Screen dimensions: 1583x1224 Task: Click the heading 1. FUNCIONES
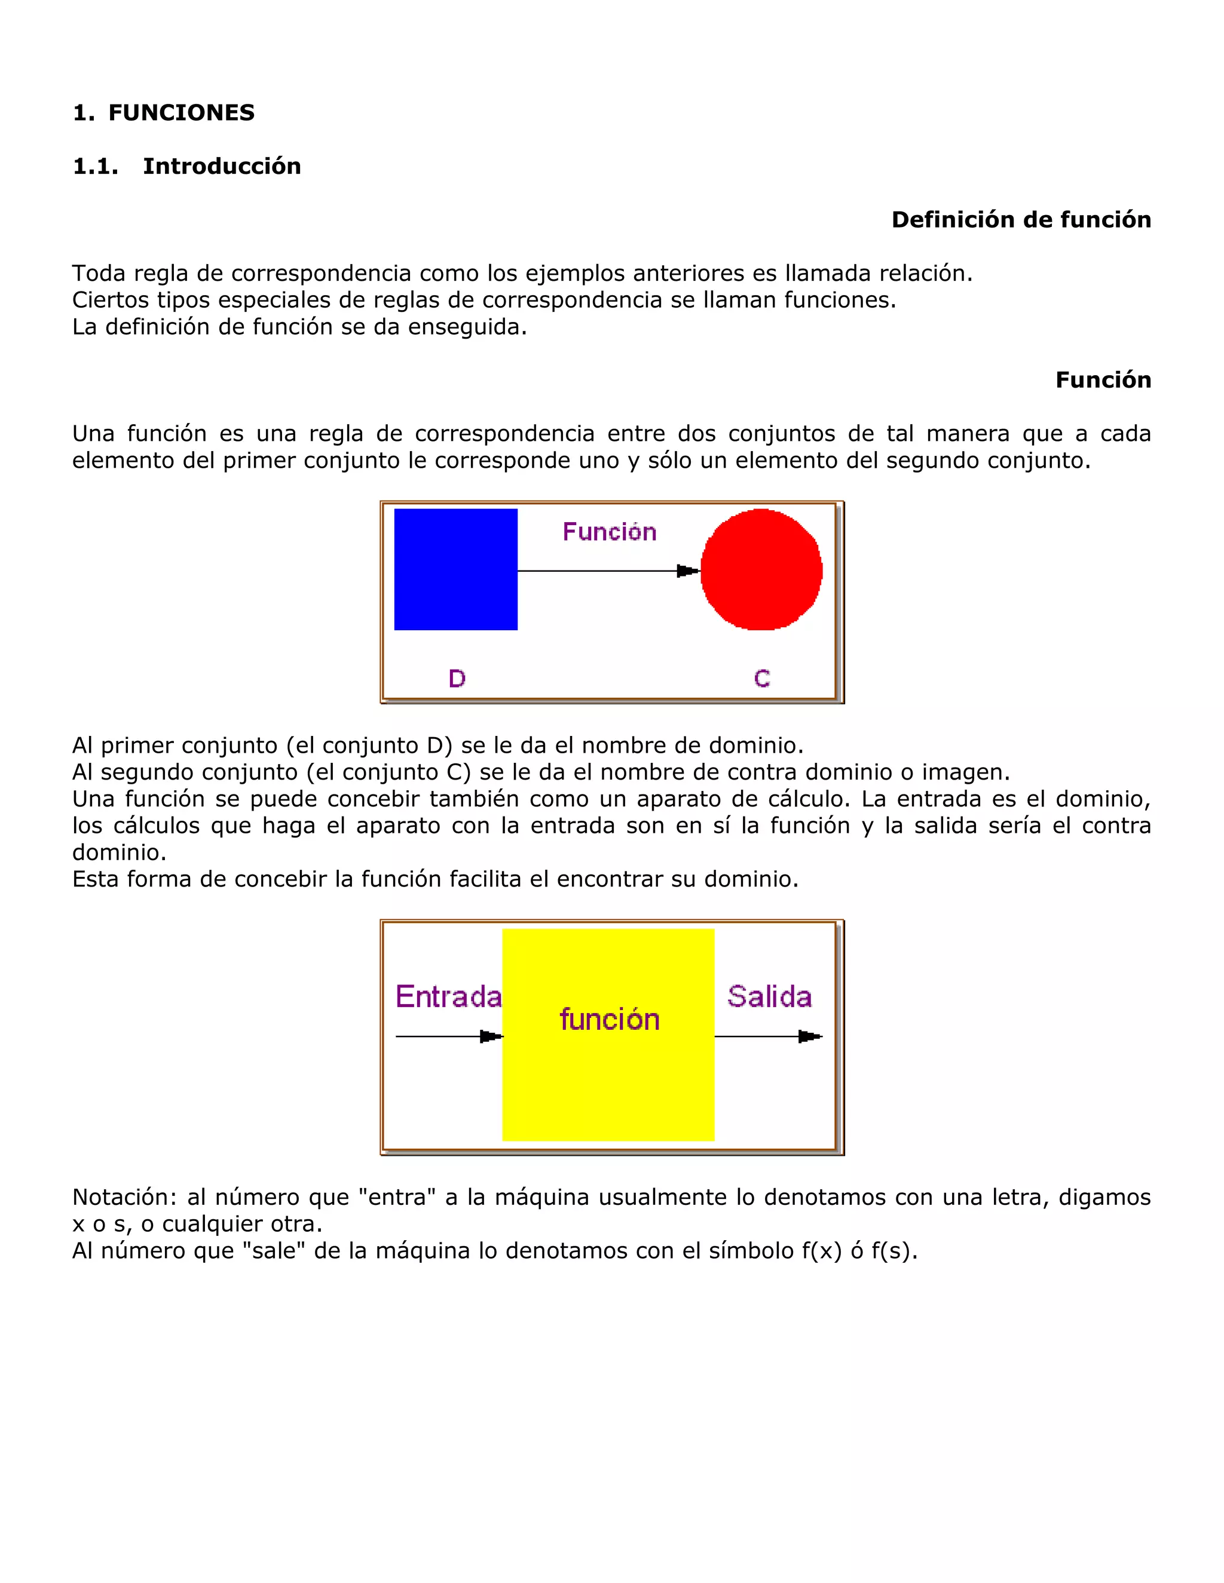coord(164,112)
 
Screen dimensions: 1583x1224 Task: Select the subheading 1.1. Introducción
coord(186,166)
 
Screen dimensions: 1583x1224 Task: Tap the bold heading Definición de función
coord(1021,220)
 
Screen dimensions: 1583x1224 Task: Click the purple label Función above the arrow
coord(609,532)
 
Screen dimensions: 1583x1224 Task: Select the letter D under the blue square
coord(457,679)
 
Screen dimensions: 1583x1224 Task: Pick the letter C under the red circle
coord(761,679)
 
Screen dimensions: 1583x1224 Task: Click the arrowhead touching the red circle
coord(687,571)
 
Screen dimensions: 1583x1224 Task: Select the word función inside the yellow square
coord(609,1020)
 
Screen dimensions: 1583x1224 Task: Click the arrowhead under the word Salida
coord(809,1036)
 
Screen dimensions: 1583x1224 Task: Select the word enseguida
coord(467,327)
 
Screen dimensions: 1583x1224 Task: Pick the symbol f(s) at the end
coord(893,1250)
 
